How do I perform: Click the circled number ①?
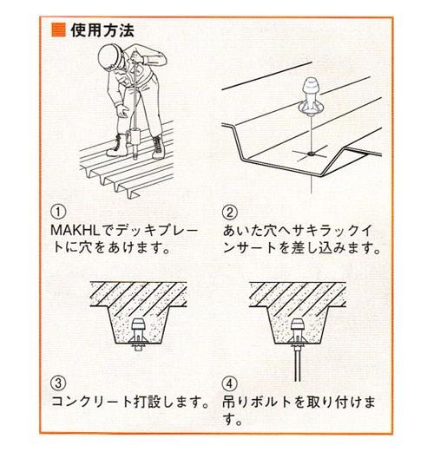59,211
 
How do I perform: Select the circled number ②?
228,211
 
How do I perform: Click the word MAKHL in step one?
77,229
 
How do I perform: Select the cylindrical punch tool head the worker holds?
135,139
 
